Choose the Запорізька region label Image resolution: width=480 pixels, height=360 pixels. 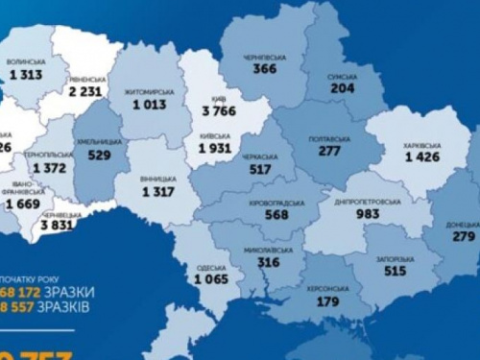point(396,259)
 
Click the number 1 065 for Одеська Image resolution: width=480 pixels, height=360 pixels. point(211,279)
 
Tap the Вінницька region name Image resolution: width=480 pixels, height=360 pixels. point(158,179)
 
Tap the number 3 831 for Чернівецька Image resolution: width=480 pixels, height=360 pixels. point(58,226)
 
